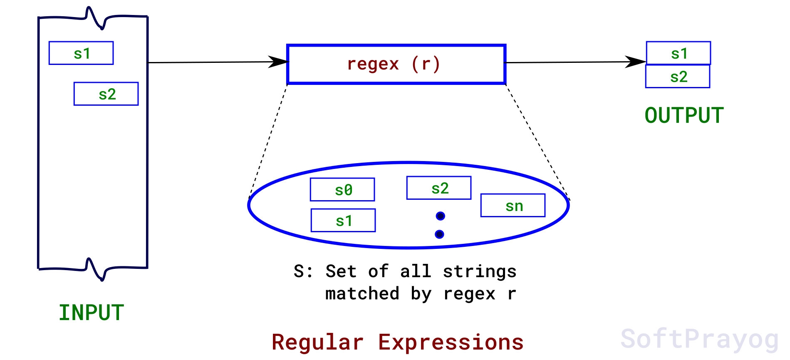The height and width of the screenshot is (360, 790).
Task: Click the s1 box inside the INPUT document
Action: [81, 53]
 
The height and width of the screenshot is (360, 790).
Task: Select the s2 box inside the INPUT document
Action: [106, 94]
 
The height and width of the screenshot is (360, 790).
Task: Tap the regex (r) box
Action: [396, 64]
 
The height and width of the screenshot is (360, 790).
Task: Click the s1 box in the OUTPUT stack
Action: [678, 53]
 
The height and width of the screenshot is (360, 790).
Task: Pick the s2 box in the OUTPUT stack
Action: [677, 77]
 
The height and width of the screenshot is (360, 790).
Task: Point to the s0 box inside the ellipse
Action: [342, 190]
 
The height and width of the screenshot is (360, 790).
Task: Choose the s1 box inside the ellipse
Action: [343, 220]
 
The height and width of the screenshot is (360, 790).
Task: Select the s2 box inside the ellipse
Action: [439, 188]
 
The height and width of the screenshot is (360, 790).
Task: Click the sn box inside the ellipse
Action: [513, 205]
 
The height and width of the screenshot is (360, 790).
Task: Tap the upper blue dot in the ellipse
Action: [441, 216]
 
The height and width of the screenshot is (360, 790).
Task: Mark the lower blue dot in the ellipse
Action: [439, 234]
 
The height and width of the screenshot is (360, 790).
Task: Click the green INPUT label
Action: [91, 313]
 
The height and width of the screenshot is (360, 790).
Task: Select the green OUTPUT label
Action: [684, 115]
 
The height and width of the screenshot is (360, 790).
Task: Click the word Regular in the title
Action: [317, 343]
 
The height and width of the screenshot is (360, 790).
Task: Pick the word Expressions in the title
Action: [451, 343]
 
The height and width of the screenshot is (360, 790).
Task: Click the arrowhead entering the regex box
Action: [278, 62]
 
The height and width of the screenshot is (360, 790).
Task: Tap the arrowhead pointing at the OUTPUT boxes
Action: [635, 62]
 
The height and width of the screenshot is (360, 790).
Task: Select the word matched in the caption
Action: [362, 294]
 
